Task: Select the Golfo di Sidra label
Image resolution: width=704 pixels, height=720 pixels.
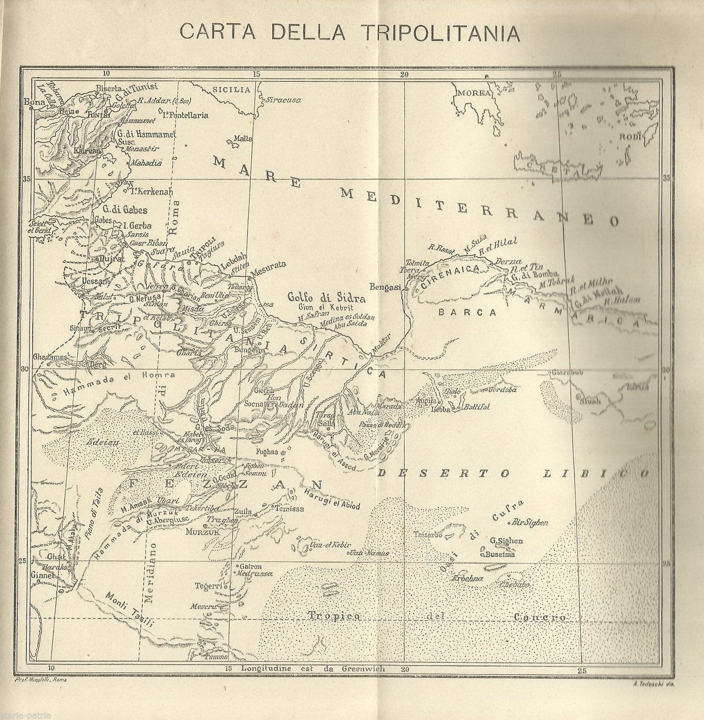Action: point(326,298)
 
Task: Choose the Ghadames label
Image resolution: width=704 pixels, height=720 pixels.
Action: point(50,357)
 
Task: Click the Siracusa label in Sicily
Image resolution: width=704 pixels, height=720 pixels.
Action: point(284,100)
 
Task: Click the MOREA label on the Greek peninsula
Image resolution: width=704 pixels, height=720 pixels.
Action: point(474,93)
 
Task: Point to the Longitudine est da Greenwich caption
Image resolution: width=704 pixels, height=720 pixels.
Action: point(313,669)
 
